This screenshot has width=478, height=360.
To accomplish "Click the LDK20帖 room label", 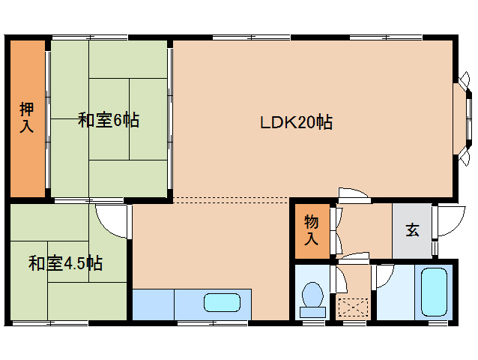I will coord(296,122).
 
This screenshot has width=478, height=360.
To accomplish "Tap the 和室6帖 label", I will coord(108,120).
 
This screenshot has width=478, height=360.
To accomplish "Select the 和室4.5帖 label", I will coord(65,263).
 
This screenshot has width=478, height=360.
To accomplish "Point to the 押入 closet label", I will coord(26,118).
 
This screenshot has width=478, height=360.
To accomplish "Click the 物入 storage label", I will coord(310,230).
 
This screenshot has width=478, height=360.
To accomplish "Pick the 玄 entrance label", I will coord(412,230).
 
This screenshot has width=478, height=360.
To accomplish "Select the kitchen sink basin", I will coord(223,303).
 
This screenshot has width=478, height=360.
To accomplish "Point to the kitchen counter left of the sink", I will coord(154,304).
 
